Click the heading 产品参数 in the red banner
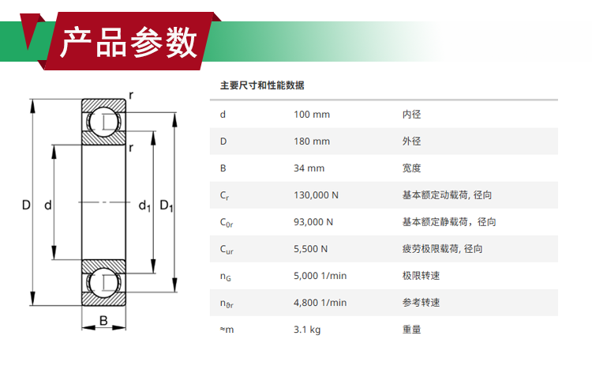coord(129,43)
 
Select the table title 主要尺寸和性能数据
coord(262,85)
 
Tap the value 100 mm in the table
coord(312,115)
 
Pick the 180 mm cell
coord(312,141)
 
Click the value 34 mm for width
coord(309,168)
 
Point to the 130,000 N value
coord(316,195)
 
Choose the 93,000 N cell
coord(313,222)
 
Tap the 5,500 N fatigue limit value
coord(310,249)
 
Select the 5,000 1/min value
coord(320,276)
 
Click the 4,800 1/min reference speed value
coord(320,303)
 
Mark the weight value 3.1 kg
coord(307,330)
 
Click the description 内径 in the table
coord(411,115)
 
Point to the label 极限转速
coord(421,276)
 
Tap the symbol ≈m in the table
coord(227,330)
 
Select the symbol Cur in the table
coord(227,250)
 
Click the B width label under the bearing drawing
coord(103,320)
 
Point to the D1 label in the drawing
coord(167,206)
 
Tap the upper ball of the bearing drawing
coord(104,121)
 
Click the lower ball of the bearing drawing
coord(104,283)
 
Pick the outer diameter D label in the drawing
coord(26,206)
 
